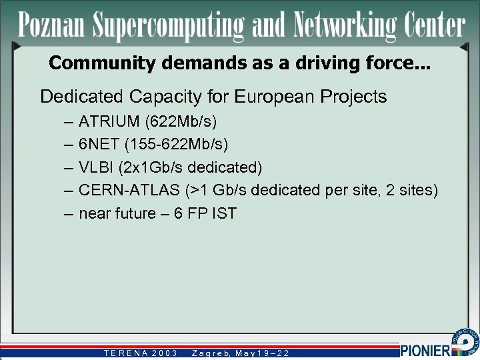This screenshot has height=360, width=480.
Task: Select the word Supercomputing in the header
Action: coord(170,26)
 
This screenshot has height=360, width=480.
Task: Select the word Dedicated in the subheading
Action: coord(82,97)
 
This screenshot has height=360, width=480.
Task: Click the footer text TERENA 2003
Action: coord(140,353)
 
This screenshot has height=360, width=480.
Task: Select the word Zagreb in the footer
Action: coord(210,353)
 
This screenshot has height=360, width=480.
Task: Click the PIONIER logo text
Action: coord(426,349)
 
